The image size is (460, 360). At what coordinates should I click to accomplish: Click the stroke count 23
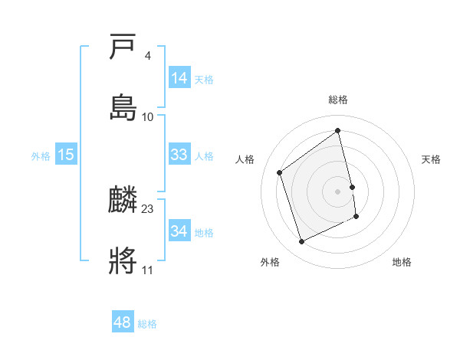click(x=148, y=209)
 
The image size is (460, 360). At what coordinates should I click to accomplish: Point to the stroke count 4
click(x=147, y=56)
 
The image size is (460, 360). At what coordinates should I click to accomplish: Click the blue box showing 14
click(x=179, y=77)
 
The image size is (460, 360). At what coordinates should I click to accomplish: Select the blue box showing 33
click(x=179, y=154)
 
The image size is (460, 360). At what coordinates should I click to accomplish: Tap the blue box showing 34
click(x=179, y=231)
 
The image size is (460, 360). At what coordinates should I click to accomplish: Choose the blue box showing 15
click(x=66, y=154)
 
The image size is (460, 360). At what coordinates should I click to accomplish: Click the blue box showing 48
click(x=123, y=322)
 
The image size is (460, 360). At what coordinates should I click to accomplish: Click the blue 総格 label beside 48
click(x=147, y=324)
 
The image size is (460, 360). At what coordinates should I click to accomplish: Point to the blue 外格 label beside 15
click(x=41, y=155)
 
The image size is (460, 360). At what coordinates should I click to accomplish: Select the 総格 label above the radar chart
click(x=338, y=100)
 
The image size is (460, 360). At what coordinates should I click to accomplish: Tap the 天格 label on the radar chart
click(x=432, y=159)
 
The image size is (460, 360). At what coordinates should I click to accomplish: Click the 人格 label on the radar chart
click(x=245, y=159)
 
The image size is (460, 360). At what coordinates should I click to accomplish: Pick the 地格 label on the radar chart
click(x=402, y=262)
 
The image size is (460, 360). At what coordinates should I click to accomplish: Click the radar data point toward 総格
click(x=338, y=131)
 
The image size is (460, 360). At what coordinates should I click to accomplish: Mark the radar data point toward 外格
click(x=301, y=242)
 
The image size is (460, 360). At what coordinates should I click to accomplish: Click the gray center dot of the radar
click(x=338, y=191)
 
